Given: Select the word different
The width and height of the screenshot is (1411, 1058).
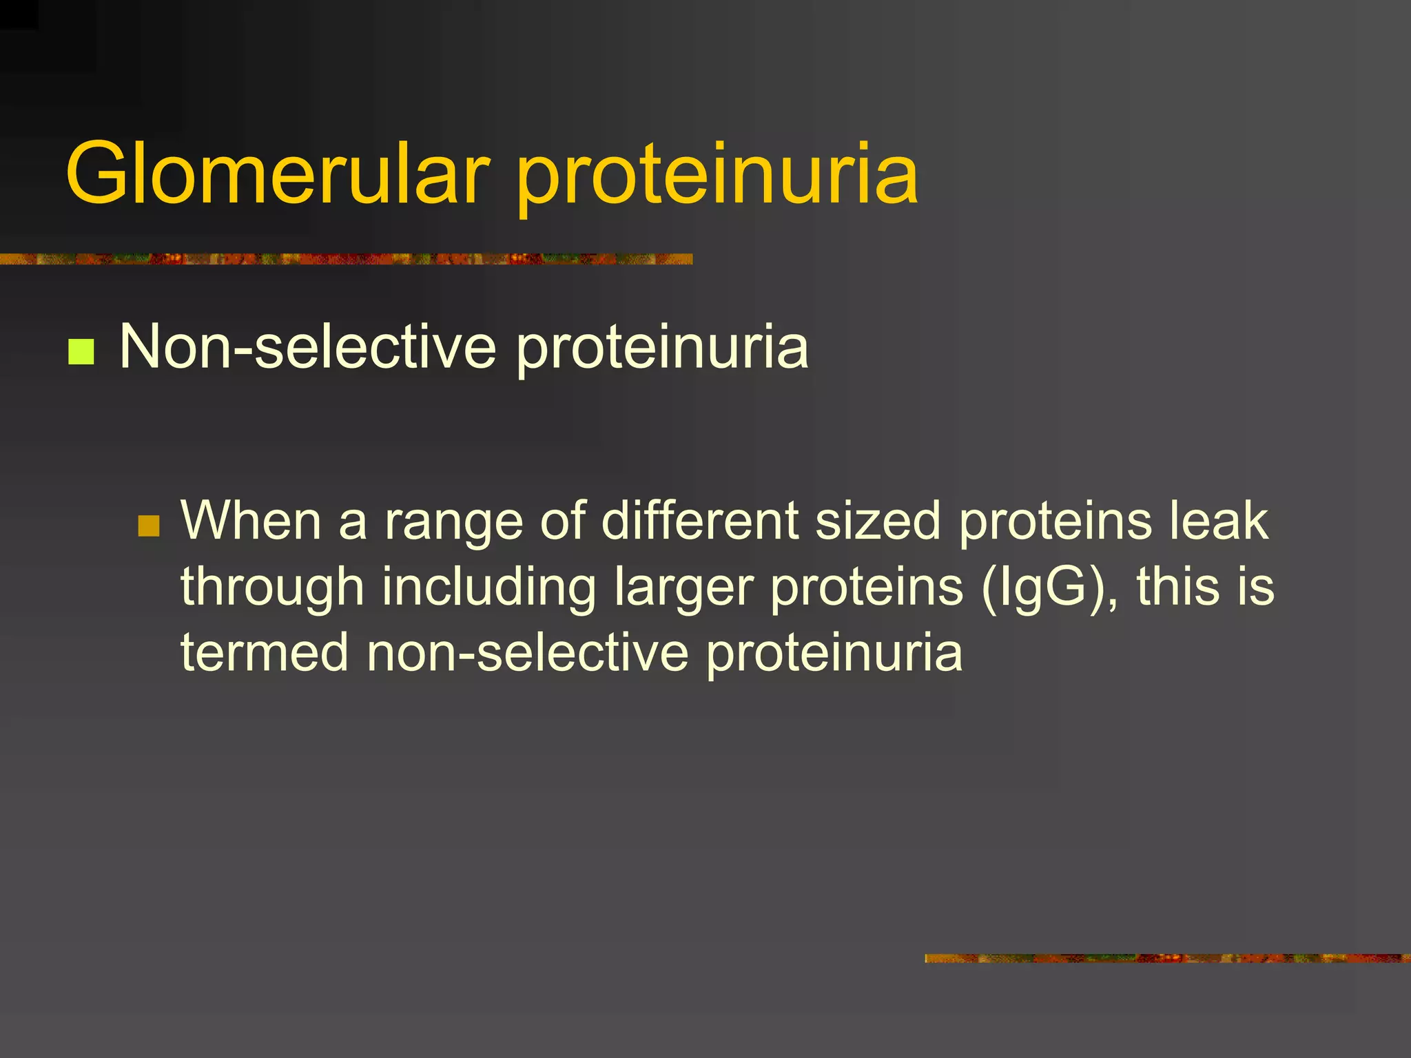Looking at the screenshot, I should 699,520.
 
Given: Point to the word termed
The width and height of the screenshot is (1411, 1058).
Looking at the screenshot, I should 265,652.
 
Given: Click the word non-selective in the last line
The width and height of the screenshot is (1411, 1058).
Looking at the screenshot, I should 527,652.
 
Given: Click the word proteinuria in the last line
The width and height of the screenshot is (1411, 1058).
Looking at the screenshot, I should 834,653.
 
